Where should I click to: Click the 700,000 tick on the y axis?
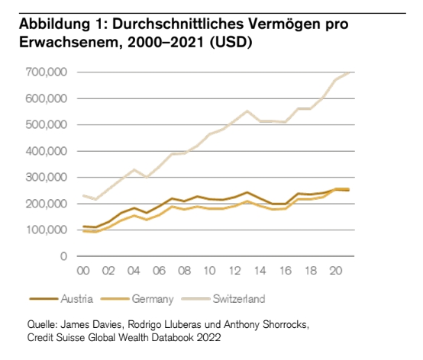46,72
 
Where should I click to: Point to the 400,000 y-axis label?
46,151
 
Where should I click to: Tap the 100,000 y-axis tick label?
46,230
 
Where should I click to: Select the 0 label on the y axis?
63,256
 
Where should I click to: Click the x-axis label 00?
83,271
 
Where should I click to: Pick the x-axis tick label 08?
184,271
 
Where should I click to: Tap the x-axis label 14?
260,271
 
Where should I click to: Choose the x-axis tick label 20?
336,271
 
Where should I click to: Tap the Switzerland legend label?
239,299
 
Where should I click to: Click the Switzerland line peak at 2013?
247,111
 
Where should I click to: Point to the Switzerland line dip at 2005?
146,178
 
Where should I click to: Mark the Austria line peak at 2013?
247,192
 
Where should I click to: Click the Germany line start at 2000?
83,231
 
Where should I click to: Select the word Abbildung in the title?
54,24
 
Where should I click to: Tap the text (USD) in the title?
231,42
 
